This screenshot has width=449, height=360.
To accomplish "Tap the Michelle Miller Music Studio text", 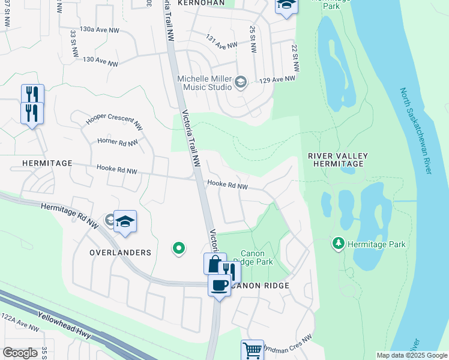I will tap(204, 83).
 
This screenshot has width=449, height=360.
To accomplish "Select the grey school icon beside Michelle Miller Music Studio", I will tap(241, 82).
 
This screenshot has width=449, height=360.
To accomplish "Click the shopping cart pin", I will tap(253, 350).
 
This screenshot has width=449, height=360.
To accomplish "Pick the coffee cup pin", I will tap(220, 284).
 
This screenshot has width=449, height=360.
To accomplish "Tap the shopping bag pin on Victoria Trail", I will tap(214, 263).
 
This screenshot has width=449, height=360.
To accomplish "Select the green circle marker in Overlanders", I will tap(178, 248).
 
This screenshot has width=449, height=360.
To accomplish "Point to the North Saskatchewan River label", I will tap(417, 131).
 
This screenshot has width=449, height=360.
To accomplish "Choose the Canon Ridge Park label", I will tap(257, 258).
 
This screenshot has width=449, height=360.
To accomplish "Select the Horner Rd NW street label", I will tap(117, 142).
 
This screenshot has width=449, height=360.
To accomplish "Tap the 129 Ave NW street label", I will tap(279, 79).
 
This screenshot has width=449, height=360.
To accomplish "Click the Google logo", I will tap(20, 353).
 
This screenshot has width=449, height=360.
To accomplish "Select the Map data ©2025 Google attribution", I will tap(411, 355).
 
